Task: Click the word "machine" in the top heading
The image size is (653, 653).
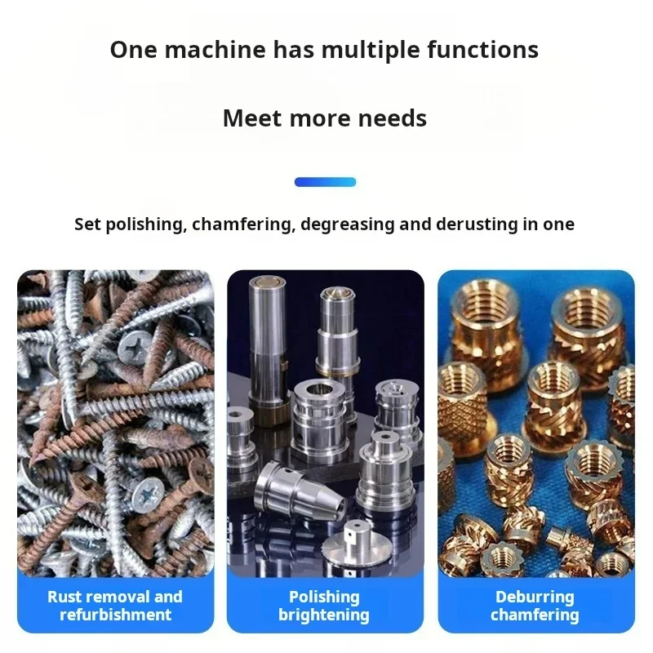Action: (215, 49)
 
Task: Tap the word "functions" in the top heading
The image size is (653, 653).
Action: (483, 49)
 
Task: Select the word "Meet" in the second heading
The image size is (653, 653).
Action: (252, 118)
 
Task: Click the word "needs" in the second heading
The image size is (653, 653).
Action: (393, 118)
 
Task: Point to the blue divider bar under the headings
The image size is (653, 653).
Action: (325, 182)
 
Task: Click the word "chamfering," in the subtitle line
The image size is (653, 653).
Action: (243, 224)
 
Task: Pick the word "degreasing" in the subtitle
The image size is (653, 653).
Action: (348, 224)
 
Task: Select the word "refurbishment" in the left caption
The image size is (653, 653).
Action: (115, 615)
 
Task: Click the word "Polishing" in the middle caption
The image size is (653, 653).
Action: (324, 597)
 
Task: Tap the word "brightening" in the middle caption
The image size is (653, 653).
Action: (324, 615)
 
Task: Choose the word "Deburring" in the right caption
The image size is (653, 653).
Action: (535, 597)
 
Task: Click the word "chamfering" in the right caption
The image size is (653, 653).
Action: (535, 615)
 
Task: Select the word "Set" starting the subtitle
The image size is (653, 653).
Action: (87, 224)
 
